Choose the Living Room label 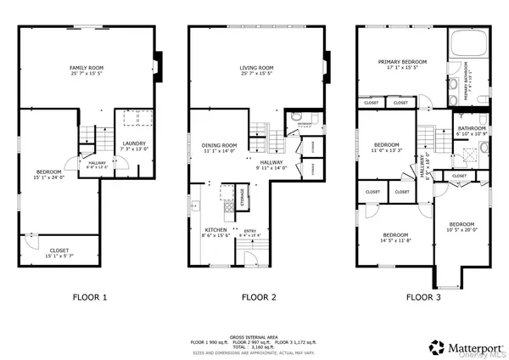pyautogui.click(x=255, y=70)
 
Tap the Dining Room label pyautogui.click(x=219, y=148)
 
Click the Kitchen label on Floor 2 pyautogui.click(x=215, y=231)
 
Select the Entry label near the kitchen pyautogui.click(x=250, y=231)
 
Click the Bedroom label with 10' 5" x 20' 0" pyautogui.click(x=463, y=228)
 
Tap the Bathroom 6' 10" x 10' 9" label pyautogui.click(x=472, y=131)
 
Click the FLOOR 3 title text pyautogui.click(x=422, y=297)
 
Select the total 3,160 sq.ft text pyautogui.click(x=255, y=346)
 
